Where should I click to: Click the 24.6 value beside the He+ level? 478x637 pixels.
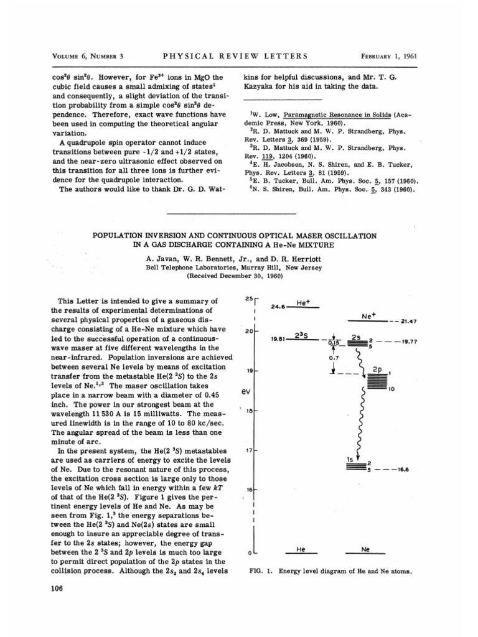pos(278,306)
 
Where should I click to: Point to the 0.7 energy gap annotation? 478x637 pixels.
pos(335,358)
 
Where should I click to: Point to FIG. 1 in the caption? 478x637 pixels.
pos(257,570)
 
